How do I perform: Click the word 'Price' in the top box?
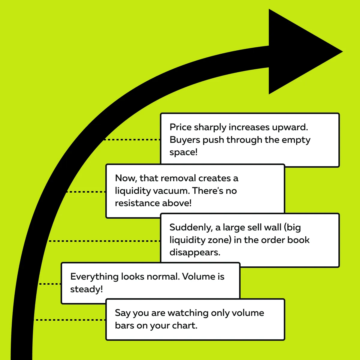coord(181,127)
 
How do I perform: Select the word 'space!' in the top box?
coord(184,152)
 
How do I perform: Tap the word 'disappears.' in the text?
coord(195,252)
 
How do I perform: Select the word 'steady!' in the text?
coord(86,289)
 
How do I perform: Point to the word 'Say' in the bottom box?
coord(123,313)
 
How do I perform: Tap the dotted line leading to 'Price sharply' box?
coord(132,139)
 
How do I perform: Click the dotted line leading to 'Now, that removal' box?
coord(85,192)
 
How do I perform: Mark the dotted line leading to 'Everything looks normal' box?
coord(50,283)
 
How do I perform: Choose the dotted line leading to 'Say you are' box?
coord(70,320)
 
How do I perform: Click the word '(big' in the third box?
coord(292,227)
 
